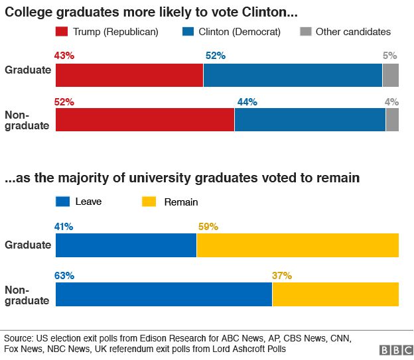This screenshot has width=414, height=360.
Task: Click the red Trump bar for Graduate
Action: tap(129, 75)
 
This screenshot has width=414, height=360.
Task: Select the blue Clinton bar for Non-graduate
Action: tap(310, 119)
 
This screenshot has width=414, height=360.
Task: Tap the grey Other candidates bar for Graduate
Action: tap(391, 75)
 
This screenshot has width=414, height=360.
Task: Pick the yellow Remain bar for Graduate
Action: tap(298, 245)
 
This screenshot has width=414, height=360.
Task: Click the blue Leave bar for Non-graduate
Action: tap(164, 294)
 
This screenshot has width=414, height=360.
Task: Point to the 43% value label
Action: tap(64, 56)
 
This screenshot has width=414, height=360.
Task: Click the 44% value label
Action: tap(247, 102)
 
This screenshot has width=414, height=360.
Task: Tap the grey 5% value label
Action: tap(390, 56)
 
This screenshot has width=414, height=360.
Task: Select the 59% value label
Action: tap(208, 227)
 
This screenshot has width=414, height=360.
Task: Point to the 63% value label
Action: tap(64, 276)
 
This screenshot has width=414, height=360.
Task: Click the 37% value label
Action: tap(282, 276)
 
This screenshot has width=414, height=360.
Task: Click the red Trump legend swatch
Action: tap(62, 31)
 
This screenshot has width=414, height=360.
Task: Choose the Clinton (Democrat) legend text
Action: tap(240, 32)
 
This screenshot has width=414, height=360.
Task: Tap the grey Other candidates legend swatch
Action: tap(306, 31)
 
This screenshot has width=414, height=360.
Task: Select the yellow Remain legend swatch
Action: tap(149, 202)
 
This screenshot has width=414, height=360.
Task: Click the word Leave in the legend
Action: tap(88, 202)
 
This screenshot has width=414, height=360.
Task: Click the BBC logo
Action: tap(397, 350)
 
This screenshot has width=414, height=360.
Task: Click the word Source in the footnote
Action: tap(19, 338)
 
